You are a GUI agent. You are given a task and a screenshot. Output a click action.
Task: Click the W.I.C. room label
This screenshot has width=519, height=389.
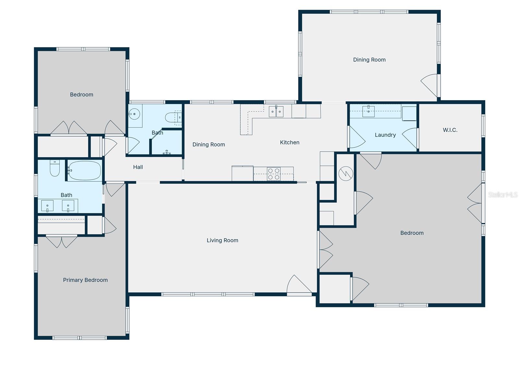450,130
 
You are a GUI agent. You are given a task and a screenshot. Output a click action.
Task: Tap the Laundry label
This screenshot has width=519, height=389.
385,135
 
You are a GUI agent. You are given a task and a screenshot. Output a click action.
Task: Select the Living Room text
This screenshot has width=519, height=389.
222,240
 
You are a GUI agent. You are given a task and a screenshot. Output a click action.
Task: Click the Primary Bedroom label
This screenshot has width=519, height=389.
85,280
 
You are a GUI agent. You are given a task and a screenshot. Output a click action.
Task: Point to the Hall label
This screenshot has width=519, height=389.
138,167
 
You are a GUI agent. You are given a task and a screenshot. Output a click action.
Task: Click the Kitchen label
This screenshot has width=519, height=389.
290,142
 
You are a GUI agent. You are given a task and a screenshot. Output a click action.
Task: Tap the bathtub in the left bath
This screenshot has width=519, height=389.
84,171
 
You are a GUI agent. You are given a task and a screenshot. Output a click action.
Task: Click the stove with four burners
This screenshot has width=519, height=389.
274,174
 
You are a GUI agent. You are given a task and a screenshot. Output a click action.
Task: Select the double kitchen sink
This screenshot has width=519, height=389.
276,112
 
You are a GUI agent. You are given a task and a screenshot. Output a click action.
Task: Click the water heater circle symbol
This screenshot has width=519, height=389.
345,174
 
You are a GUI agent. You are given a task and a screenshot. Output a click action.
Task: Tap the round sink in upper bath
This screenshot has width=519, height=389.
134,114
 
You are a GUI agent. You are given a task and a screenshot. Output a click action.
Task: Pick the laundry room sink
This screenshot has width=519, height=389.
368,111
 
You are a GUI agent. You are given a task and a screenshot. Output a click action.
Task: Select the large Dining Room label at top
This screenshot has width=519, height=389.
369,60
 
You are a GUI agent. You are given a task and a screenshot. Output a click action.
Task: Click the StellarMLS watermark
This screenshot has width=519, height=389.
502,194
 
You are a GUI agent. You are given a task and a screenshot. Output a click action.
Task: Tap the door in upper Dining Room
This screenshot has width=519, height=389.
430,85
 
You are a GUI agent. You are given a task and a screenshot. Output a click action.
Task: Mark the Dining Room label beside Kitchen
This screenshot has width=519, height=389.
209,145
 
